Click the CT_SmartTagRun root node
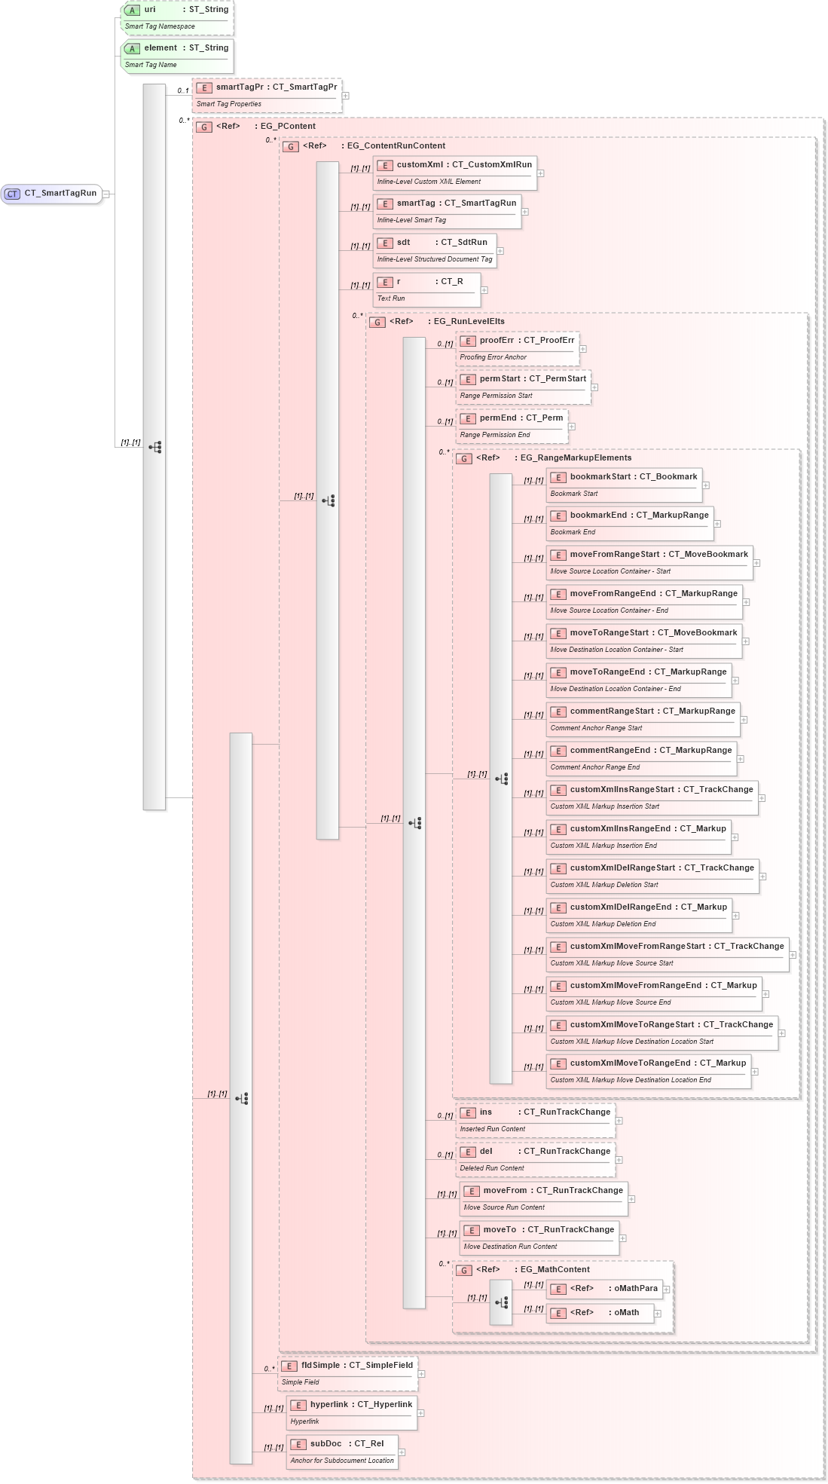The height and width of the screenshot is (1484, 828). (x=52, y=194)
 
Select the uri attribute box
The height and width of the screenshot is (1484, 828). (x=177, y=17)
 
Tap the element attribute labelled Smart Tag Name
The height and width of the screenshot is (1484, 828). (x=177, y=56)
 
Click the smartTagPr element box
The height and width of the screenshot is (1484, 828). (x=267, y=95)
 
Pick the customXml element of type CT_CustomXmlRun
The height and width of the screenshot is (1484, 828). (x=454, y=173)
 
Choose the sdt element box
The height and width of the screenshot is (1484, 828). (x=434, y=250)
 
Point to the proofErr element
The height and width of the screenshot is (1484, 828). (x=517, y=348)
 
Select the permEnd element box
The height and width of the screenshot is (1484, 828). (x=512, y=426)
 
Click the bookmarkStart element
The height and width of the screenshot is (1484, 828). (x=624, y=485)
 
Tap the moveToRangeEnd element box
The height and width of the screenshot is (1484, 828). (x=638, y=680)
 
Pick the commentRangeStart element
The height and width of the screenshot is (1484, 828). (x=643, y=719)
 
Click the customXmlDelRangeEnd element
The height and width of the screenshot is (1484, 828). (x=638, y=915)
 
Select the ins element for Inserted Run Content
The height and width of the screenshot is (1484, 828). (x=535, y=1120)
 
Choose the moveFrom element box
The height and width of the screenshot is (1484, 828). (x=543, y=1198)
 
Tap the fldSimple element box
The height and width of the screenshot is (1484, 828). (x=347, y=1373)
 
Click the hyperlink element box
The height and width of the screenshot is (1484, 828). (x=352, y=1412)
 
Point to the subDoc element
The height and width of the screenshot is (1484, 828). (x=342, y=1452)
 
